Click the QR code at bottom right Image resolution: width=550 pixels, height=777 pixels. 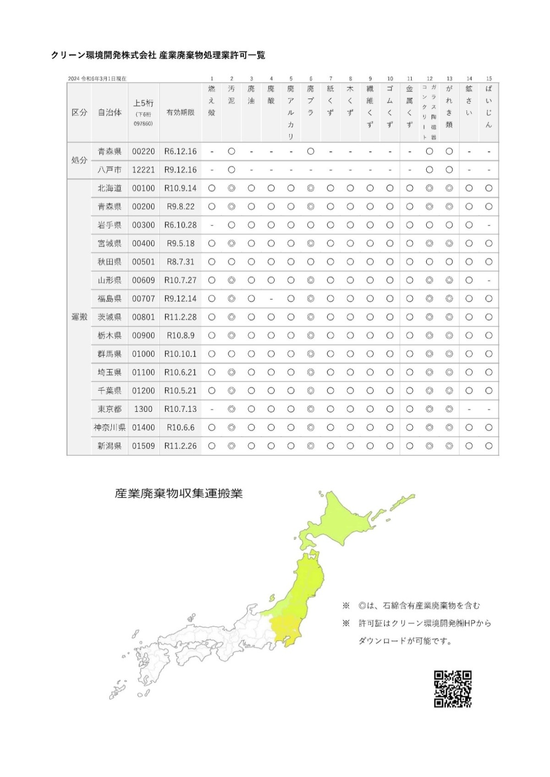[x=452, y=689]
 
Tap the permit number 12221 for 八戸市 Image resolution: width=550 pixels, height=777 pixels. [x=143, y=170]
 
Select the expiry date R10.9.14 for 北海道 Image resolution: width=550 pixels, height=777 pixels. [x=181, y=188]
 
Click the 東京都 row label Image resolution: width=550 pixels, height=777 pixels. [x=110, y=409]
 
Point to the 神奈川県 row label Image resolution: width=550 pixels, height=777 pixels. [x=110, y=427]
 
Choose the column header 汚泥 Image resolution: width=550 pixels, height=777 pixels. [x=231, y=95]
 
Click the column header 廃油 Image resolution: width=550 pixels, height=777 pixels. [x=251, y=95]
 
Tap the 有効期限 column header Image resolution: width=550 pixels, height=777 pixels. [x=181, y=112]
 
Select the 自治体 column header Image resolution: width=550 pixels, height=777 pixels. [x=110, y=112]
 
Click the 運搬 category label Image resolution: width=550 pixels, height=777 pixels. [x=79, y=317]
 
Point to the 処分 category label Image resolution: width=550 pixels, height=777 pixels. [x=79, y=160]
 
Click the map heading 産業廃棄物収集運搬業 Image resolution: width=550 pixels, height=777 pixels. [x=179, y=494]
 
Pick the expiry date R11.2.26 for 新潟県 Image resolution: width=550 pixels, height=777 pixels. [x=181, y=446]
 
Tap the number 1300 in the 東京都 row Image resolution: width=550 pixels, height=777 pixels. [x=143, y=409]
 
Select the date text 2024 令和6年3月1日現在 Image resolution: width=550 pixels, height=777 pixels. [x=97, y=79]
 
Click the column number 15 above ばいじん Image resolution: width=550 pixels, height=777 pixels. [x=489, y=79]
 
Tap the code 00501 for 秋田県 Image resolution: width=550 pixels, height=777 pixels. [x=143, y=262]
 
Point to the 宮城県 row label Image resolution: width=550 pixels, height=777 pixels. [x=110, y=244]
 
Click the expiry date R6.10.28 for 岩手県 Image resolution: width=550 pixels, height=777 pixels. [x=181, y=225]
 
